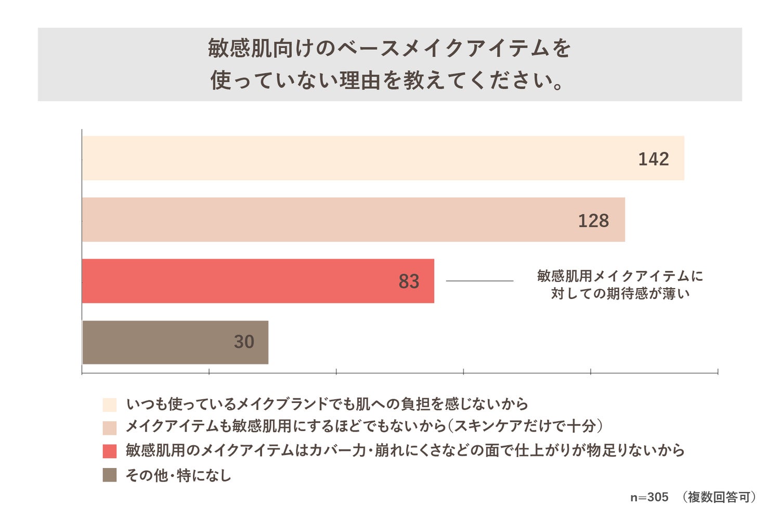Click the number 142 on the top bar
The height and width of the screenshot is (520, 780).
point(653,159)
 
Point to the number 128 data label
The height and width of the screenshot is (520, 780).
point(593,220)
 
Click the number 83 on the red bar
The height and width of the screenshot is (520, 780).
point(409,281)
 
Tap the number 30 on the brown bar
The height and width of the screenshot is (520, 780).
point(244,342)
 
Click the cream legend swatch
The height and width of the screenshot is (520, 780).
point(110,405)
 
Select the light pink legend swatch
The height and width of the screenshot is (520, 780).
point(110,427)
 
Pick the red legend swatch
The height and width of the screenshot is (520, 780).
point(110,451)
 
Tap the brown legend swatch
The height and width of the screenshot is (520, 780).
point(110,475)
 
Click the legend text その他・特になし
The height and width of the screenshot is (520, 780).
point(178,475)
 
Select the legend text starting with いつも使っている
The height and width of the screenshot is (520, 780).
point(327,404)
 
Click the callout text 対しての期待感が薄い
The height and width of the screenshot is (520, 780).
point(620,293)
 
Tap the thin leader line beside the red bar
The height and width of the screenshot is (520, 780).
point(479,281)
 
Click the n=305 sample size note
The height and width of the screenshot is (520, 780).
point(649,497)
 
